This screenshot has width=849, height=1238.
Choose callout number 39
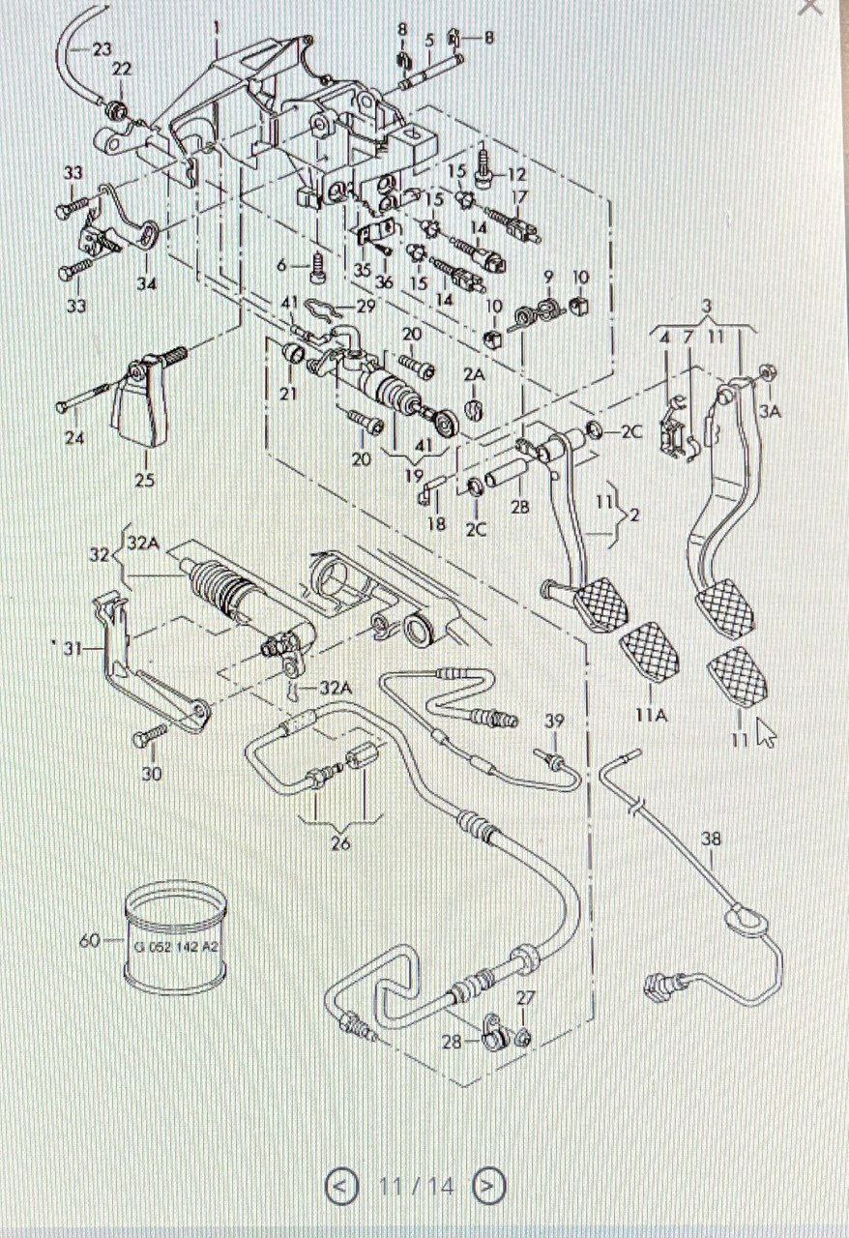(x=553, y=722)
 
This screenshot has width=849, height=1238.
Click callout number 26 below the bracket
(x=339, y=843)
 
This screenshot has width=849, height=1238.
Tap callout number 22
(x=122, y=70)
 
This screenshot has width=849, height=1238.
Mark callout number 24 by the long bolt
(x=74, y=438)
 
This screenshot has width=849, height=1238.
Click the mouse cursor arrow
(x=767, y=732)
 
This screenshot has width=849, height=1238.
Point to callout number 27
(x=525, y=997)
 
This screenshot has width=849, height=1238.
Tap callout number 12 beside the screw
(x=516, y=175)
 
